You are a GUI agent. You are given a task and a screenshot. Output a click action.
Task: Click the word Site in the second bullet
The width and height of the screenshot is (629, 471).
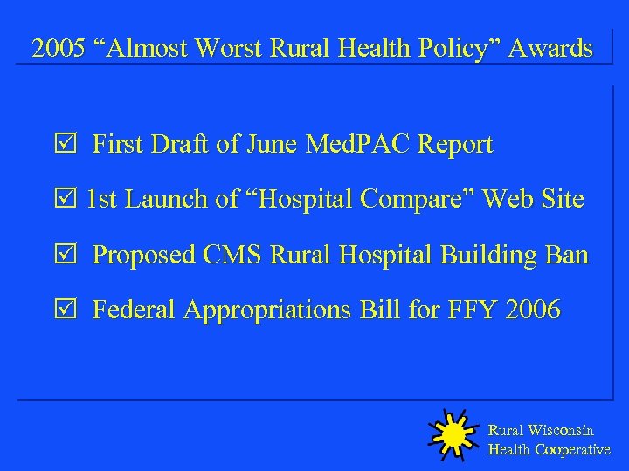tap(558, 200)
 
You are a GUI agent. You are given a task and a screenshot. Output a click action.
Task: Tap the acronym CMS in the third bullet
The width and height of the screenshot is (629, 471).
tap(233, 256)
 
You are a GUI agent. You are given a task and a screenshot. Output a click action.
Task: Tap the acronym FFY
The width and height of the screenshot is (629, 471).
tap(467, 311)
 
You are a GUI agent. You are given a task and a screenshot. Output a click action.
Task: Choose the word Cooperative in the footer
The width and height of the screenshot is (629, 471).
tap(572, 450)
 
